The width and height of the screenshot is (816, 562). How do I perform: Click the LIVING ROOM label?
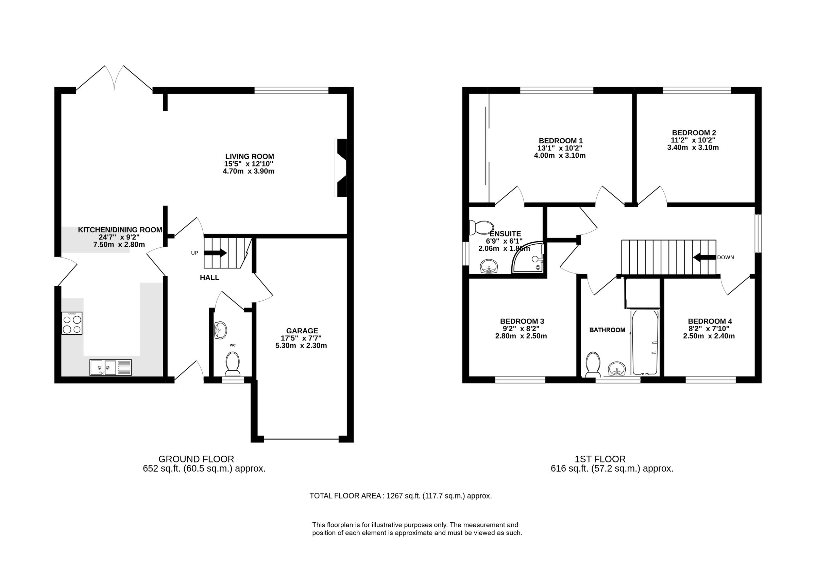click(250, 156)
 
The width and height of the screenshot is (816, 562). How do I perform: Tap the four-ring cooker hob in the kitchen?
click(72, 323)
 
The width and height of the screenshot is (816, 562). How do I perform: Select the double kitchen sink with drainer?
click(110, 368)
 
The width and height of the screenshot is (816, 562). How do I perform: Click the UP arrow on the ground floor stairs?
click(215, 253)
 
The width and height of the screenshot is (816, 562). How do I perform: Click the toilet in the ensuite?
click(481, 227)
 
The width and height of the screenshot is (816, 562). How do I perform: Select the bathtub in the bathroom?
click(645, 343)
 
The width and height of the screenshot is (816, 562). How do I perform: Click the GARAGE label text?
click(302, 331)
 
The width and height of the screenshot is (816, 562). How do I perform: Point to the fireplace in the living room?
click(341, 168)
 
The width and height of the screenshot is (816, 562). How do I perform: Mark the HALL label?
click(209, 278)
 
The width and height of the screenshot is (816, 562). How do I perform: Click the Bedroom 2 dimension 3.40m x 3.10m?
click(693, 147)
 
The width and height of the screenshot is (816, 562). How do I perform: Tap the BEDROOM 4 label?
click(710, 321)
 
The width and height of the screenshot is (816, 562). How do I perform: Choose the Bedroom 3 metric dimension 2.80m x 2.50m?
click(521, 336)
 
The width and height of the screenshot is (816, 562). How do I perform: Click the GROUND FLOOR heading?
click(196, 459)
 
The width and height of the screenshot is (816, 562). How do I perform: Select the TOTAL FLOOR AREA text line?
click(400, 496)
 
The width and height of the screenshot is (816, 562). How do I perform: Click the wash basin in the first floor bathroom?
click(616, 369)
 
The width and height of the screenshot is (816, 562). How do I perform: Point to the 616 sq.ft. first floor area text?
click(612, 469)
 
